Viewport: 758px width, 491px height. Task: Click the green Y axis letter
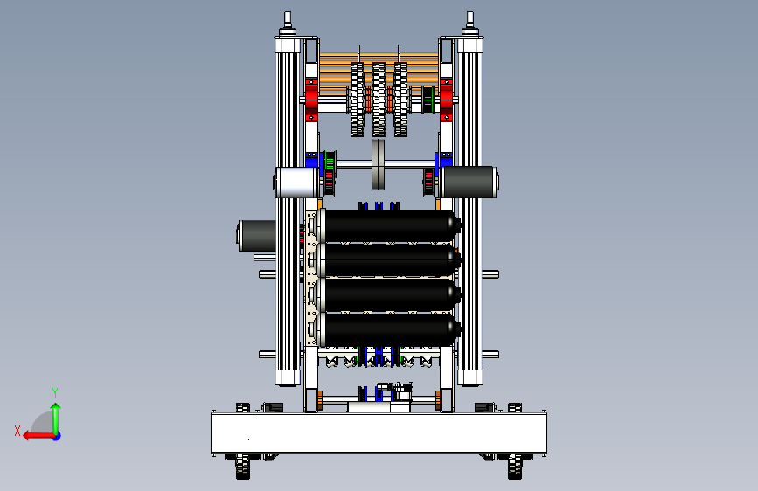coord(55,393)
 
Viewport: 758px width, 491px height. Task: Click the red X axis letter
coord(17,431)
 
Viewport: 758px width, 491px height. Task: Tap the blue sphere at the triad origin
coord(57,436)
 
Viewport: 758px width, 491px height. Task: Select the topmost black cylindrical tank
coord(389,225)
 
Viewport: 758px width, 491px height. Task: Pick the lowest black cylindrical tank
coord(389,329)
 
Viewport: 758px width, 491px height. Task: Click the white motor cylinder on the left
coord(297,183)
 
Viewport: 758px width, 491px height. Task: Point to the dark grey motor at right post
coord(469,183)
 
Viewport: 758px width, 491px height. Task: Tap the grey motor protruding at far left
coord(257,236)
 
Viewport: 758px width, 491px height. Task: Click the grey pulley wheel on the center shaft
coord(379,164)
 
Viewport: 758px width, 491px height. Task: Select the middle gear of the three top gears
coord(379,100)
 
